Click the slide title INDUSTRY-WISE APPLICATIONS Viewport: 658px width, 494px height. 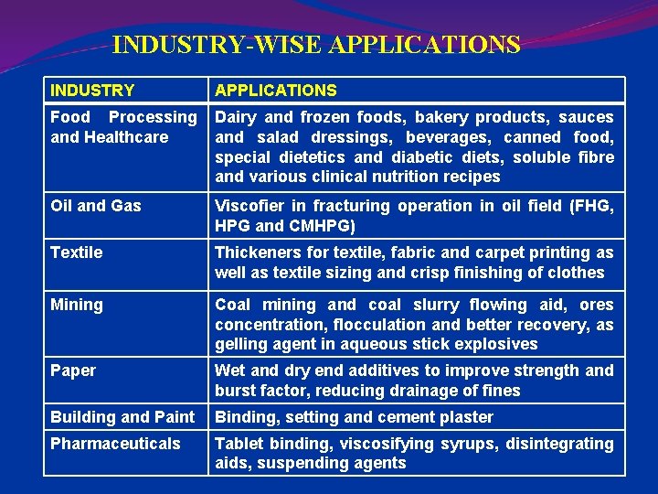[316, 45]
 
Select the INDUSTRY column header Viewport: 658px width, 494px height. [92, 91]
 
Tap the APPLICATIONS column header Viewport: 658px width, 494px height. [275, 91]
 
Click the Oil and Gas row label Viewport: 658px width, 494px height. [95, 206]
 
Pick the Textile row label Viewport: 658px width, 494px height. [76, 252]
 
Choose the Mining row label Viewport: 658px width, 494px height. [76, 305]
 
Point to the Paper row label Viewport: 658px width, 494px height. [72, 370]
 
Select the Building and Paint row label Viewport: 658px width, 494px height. [122, 417]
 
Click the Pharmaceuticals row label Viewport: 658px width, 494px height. [115, 444]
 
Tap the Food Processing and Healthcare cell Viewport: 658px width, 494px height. [122, 127]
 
